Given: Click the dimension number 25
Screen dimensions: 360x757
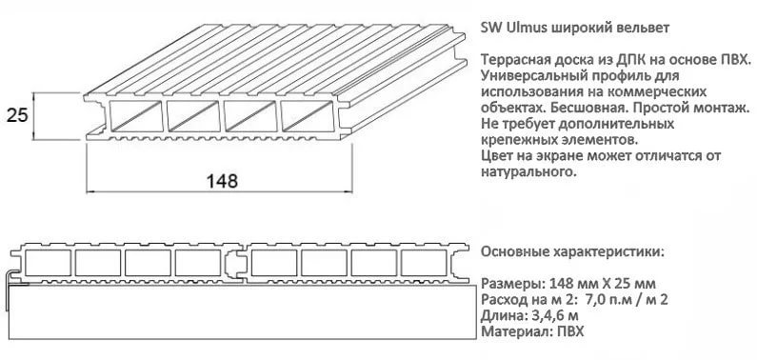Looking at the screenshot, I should click(x=16, y=116).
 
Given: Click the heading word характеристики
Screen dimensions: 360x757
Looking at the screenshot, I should click(x=604, y=252).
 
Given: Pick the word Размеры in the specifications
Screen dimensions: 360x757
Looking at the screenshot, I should click(x=509, y=285).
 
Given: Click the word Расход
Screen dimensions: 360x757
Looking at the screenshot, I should click(x=506, y=301).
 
